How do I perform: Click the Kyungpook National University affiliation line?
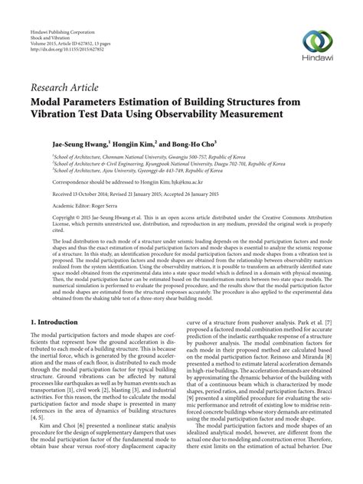pyautogui.click(x=161, y=163)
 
